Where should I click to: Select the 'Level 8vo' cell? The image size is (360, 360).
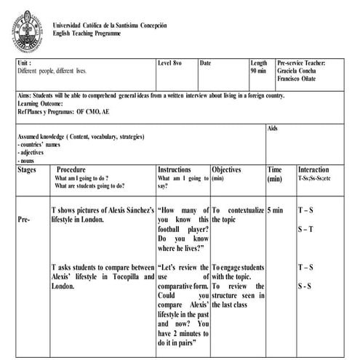[x=174, y=63]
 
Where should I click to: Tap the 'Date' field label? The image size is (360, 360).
[x=205, y=63]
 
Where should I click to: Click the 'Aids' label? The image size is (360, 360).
[x=273, y=128]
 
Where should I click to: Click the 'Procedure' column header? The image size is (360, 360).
[x=76, y=169]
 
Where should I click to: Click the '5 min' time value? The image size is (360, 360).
[x=275, y=211]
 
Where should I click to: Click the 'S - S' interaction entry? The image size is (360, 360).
[x=306, y=286]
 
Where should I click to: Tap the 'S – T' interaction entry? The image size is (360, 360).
[x=305, y=230]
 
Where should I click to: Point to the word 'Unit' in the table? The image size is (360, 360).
[x=23, y=63]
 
